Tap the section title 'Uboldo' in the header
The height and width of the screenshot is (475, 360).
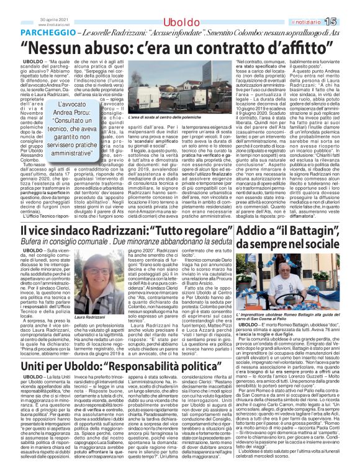tap(180, 6)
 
